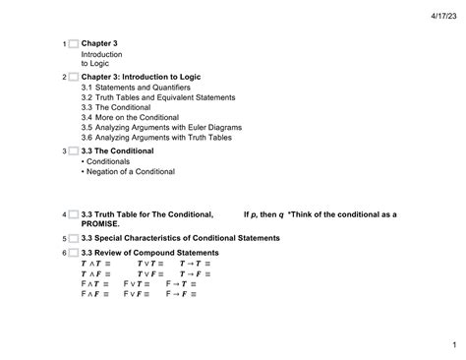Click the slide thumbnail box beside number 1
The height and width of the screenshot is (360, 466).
[x=72, y=44]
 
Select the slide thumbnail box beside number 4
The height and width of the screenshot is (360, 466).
[x=72, y=213]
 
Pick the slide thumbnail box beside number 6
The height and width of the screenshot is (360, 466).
[x=72, y=252]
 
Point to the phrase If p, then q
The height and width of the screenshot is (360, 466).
[x=263, y=213]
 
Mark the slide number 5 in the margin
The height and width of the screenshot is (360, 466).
[x=63, y=239]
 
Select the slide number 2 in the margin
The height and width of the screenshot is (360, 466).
[x=63, y=77]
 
